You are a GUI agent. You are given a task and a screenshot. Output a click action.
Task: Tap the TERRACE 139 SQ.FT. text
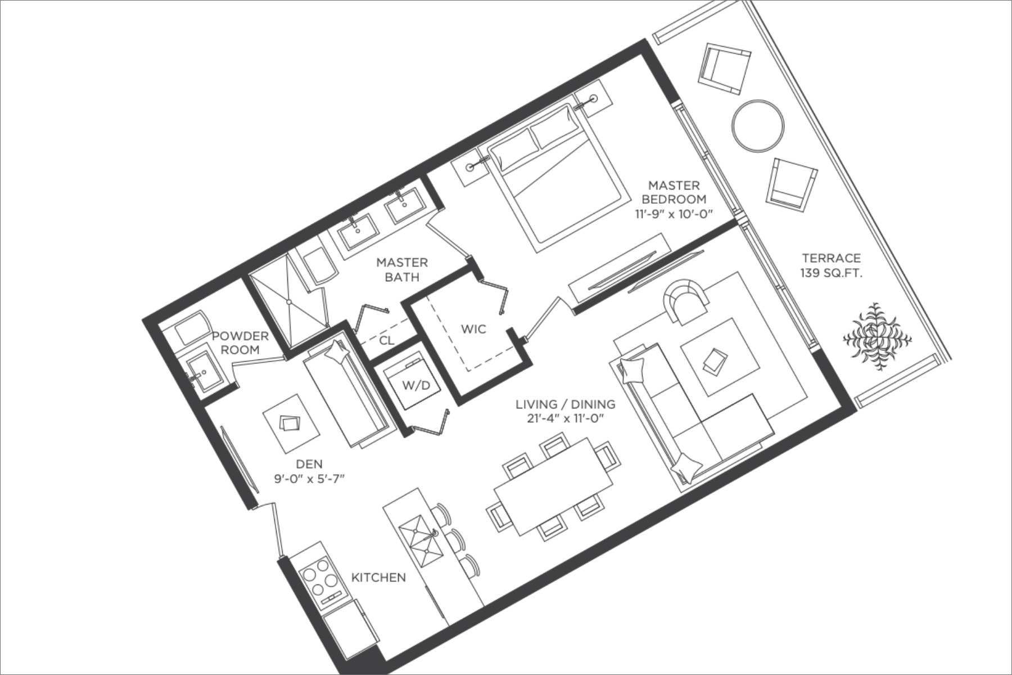click(x=832, y=265)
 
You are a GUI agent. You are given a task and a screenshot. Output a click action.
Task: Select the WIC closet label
click(x=473, y=329)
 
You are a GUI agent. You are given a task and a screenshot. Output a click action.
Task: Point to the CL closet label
click(x=387, y=340)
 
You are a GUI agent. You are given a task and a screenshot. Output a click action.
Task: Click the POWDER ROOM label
click(x=240, y=343)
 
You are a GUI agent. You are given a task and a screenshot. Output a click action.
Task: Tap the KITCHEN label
click(x=378, y=577)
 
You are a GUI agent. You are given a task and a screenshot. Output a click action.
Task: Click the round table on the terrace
click(x=758, y=125)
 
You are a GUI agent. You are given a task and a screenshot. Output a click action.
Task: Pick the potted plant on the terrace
click(x=877, y=336)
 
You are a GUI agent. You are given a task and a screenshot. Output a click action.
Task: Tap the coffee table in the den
click(x=291, y=424)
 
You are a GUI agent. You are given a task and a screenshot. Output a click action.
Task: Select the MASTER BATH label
click(x=402, y=269)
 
